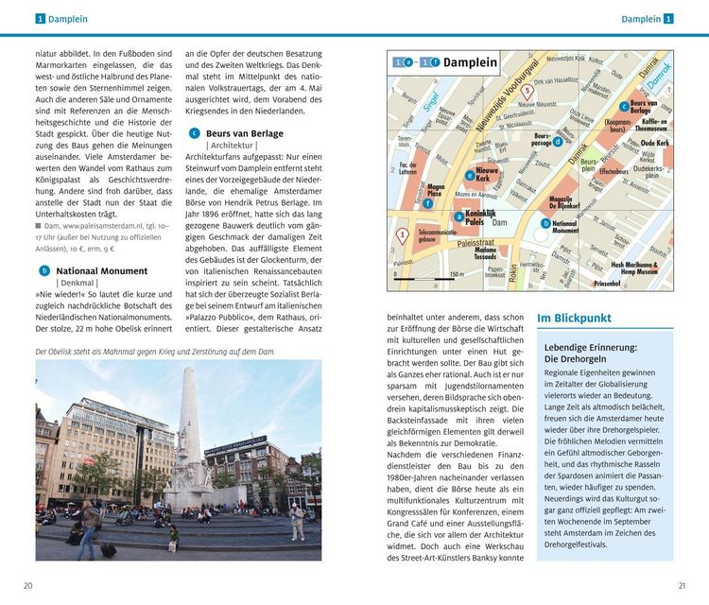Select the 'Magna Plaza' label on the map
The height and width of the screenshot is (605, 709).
coord(435,191)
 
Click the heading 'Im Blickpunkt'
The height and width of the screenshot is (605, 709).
coord(574,319)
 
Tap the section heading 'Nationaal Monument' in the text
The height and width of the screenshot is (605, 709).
coord(101,270)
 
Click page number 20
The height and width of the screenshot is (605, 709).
coord(28,585)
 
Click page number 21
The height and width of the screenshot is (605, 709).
coord(682,585)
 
